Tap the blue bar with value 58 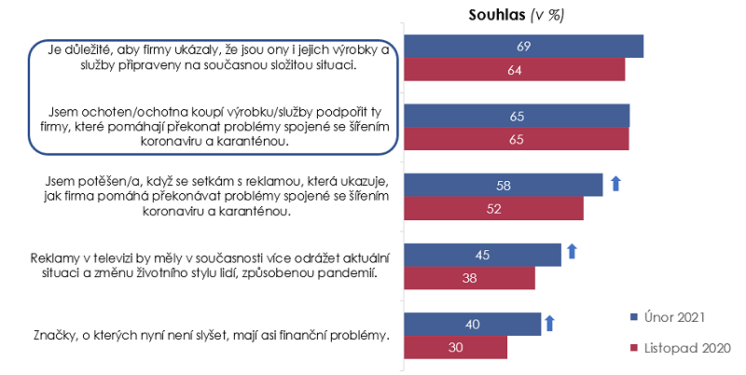[x=503, y=185]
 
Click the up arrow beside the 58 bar [x=615, y=183]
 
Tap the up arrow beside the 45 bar [x=573, y=252]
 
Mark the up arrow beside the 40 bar [x=549, y=323]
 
